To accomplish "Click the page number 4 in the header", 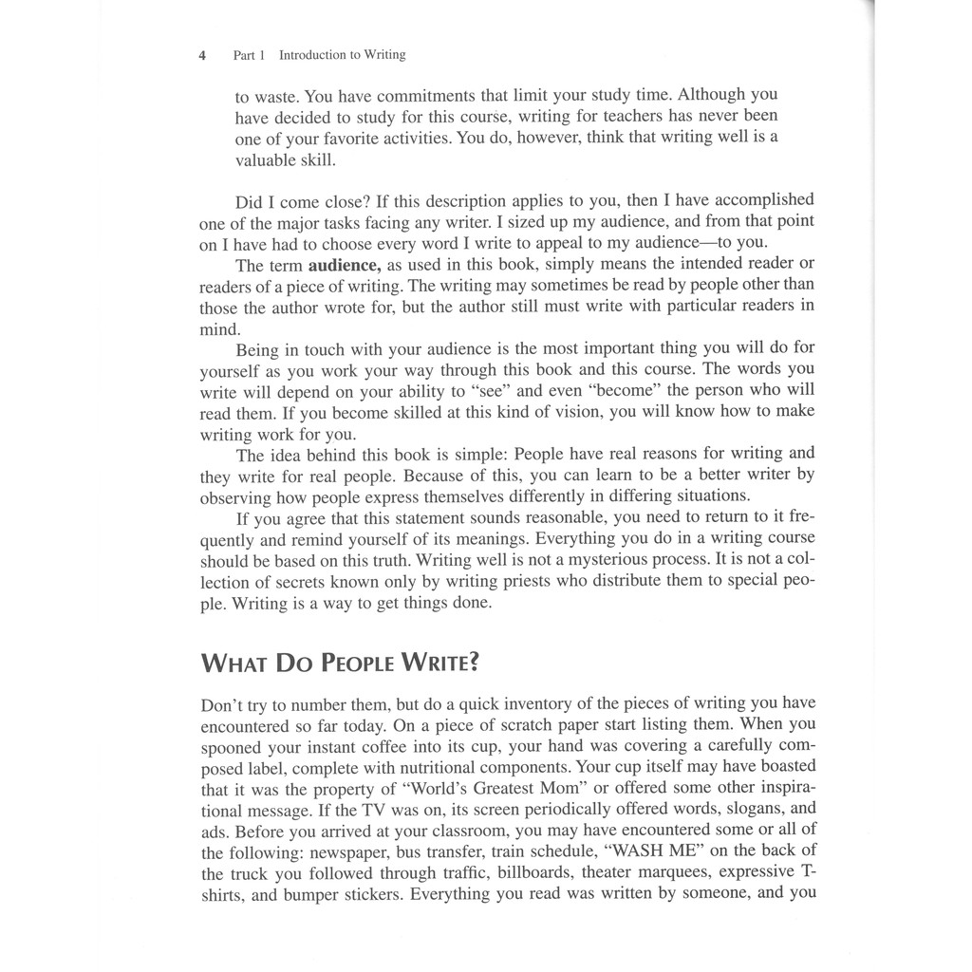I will pyautogui.click(x=202, y=55).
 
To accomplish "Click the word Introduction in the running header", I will pyautogui.click(x=313, y=55).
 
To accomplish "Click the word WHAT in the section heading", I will pyautogui.click(x=234, y=663).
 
